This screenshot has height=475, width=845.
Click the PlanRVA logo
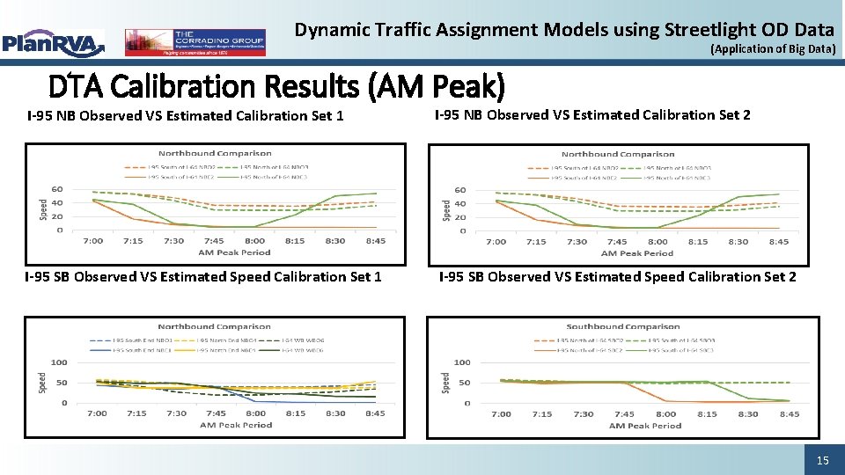53,41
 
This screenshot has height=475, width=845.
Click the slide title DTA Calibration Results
276,86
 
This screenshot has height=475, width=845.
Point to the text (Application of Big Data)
773,49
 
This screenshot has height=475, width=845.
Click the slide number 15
822,460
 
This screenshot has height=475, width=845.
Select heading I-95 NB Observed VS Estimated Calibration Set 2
593,114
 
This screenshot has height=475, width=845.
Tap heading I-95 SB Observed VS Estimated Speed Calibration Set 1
203,277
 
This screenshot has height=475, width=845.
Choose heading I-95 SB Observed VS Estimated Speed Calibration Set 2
617,277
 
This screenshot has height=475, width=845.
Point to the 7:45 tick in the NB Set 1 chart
214,241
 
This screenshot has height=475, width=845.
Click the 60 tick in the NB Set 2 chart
460,189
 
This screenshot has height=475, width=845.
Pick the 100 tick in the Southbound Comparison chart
462,362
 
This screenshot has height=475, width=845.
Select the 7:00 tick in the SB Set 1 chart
98,413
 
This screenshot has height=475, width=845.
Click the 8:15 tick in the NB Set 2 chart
698,242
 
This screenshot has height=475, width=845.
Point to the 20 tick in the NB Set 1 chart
57,216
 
